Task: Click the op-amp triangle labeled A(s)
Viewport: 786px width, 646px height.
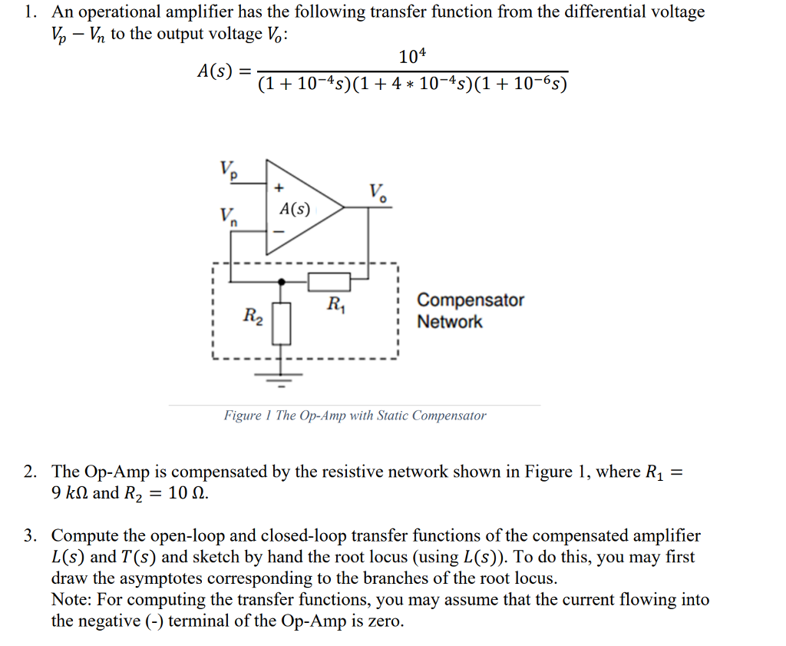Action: (299, 207)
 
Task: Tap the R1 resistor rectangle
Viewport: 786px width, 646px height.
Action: (329, 282)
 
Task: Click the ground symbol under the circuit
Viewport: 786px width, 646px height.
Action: (282, 376)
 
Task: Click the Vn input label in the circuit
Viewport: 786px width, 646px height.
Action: (228, 217)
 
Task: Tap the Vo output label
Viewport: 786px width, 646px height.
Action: (378, 192)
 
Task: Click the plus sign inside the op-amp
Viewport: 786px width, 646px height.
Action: (279, 187)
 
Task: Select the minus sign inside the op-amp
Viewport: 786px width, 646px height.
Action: (279, 230)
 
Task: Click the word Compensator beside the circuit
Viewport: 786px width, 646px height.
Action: (470, 300)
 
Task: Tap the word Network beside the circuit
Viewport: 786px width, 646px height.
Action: (450, 322)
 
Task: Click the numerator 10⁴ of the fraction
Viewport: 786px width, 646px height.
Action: (413, 57)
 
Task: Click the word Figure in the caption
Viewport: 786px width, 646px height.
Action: (241, 416)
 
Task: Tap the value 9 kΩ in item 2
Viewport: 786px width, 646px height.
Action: (69, 493)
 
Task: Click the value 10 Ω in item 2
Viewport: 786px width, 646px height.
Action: (187, 493)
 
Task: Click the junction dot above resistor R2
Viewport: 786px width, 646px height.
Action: (282, 282)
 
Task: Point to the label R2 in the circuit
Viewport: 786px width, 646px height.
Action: (253, 315)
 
